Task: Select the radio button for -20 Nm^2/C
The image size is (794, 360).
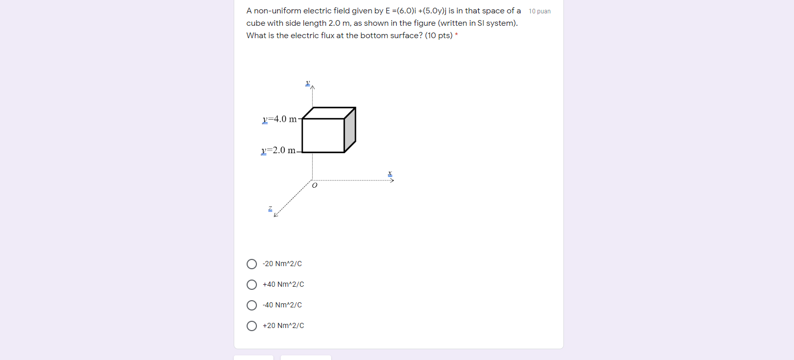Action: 252,264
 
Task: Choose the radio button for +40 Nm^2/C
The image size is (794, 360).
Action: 252,285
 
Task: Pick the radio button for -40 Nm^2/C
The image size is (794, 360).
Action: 252,305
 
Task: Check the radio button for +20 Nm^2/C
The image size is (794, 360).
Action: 252,325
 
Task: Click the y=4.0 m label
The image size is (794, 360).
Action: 279,119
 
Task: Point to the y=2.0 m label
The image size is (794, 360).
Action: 278,150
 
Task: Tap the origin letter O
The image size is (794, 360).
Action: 314,185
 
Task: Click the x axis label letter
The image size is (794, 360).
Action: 390,174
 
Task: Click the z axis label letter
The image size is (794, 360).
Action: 270,209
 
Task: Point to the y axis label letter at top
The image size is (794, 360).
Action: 307,83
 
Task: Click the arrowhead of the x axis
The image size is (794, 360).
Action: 392,181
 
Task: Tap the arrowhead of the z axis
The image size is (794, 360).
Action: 276,215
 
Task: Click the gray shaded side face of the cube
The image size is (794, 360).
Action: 350,129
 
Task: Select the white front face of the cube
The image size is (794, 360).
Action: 323,136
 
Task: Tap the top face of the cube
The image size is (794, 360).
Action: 329,113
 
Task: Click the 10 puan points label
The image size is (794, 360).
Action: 540,11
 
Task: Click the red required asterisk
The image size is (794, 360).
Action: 457,35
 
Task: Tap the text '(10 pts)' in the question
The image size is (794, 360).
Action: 439,36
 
